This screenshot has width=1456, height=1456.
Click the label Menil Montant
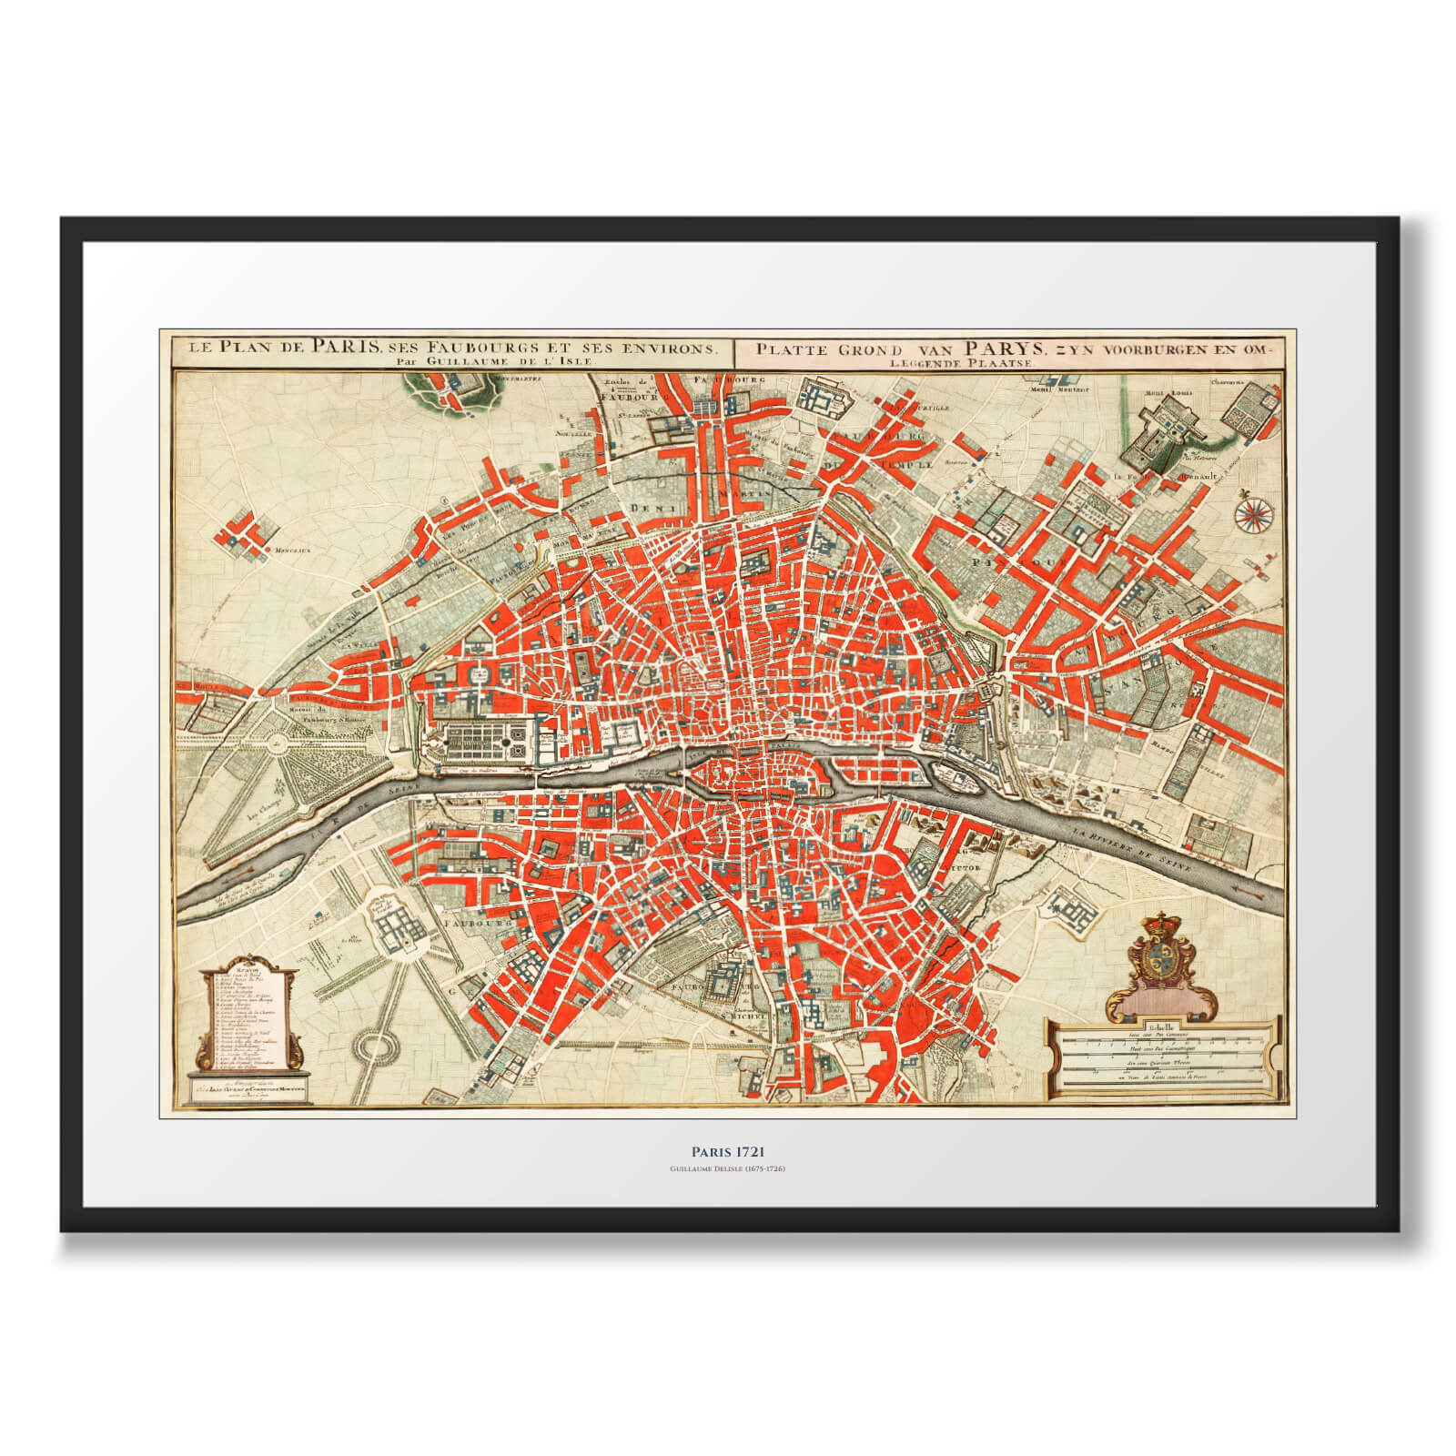point(1070,392)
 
